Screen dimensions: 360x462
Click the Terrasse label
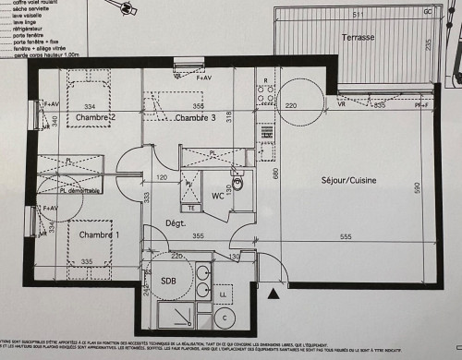coord(357,38)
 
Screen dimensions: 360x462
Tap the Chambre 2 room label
coord(95,117)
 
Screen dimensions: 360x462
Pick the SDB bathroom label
coord(169,281)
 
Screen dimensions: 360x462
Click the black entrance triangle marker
coord(273,294)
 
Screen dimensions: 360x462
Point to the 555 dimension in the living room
coord(371,239)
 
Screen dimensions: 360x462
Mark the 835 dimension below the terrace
coord(379,105)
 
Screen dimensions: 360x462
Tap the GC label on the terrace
coord(427,12)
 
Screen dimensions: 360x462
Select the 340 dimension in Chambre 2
coord(55,121)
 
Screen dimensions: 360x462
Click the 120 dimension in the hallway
coord(162,176)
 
